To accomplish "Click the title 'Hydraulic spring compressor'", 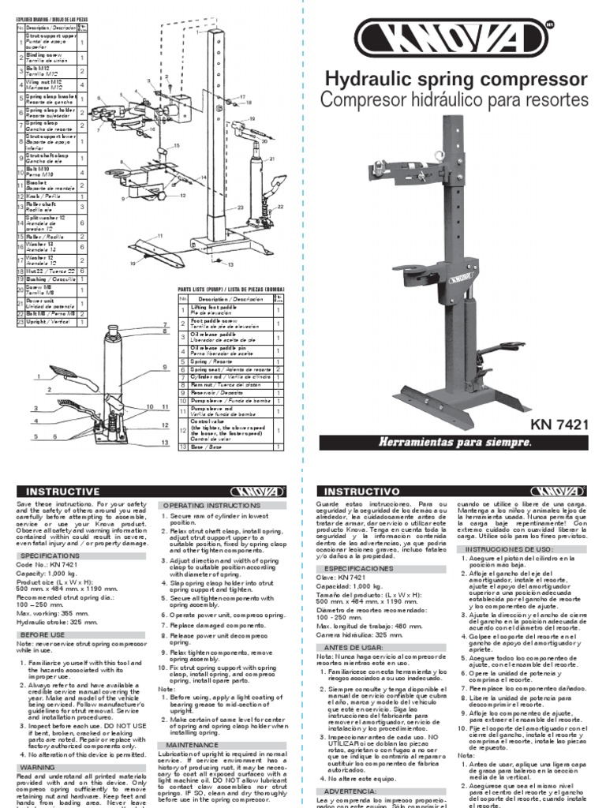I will (x=457, y=80).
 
